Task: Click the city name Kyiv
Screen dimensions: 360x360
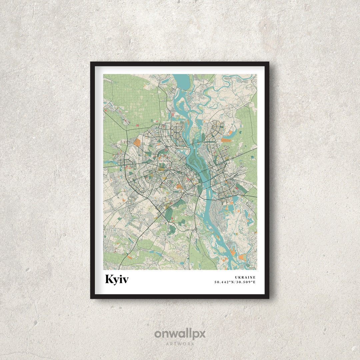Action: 117,279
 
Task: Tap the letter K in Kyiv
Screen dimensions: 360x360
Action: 109,279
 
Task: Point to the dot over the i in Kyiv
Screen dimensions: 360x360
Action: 120,275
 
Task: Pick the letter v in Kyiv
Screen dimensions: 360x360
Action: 125,280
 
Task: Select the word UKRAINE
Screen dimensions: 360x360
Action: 245,277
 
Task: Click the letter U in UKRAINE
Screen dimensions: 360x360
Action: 236,277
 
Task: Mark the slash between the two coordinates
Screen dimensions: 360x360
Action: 236,282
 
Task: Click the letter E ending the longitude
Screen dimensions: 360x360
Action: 254,282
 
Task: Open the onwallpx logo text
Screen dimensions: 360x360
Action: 180,334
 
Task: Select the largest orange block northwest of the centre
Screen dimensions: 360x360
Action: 137,142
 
